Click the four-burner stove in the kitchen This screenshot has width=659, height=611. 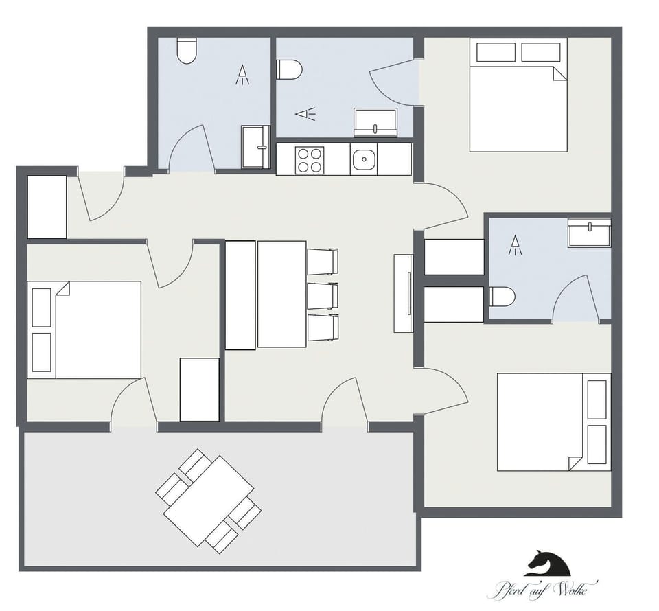[310, 160]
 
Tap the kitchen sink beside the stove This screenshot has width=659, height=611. [362, 160]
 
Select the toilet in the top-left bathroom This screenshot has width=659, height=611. [187, 51]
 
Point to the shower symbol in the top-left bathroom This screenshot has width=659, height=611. [242, 75]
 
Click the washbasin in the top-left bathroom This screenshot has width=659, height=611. [256, 146]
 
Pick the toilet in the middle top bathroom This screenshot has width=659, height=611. [290, 69]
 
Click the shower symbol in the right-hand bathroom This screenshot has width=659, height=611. [514, 245]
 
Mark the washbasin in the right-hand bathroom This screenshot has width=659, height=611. [589, 233]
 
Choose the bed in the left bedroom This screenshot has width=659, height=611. [85, 330]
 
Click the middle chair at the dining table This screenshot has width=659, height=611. [323, 295]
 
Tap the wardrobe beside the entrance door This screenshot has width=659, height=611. [47, 207]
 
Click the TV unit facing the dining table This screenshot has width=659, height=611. [403, 293]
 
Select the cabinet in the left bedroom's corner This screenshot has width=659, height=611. [199, 389]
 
